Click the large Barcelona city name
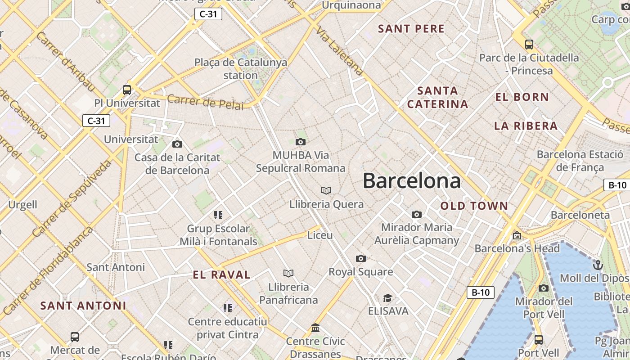point(412,181)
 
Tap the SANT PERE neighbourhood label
point(411,29)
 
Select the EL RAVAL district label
point(221,275)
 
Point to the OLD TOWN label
point(474,206)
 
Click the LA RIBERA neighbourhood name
point(526,126)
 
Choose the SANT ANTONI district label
point(83,306)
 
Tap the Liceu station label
point(320,235)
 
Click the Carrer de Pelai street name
point(205,102)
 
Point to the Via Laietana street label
point(340,50)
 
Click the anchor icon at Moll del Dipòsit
point(598,265)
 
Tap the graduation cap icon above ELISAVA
point(387,298)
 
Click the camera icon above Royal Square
point(360,258)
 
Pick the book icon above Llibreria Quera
point(326,191)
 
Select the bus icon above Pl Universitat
point(127,90)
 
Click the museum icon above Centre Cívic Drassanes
point(315,328)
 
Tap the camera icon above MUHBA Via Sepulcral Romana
point(301,142)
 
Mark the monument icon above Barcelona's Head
point(517,235)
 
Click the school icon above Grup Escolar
point(218,215)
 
